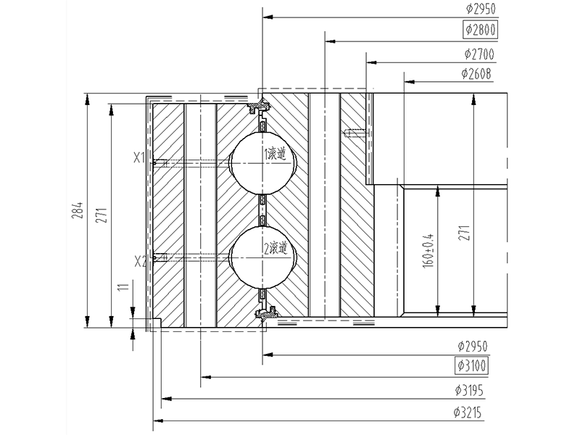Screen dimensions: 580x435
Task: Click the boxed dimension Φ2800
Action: [x=480, y=30]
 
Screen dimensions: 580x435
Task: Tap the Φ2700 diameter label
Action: [x=479, y=54]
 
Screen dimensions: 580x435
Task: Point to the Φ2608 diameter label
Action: [x=476, y=74]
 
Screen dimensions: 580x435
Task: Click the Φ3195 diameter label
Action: [x=469, y=390]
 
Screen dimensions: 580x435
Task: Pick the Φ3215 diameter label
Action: [x=468, y=413]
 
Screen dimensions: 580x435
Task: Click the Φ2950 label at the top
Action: [x=481, y=9]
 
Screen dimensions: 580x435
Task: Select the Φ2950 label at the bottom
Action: [x=473, y=347]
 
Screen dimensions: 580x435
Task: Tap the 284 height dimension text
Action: [x=78, y=210]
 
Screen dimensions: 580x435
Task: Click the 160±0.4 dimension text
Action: [x=428, y=250]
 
